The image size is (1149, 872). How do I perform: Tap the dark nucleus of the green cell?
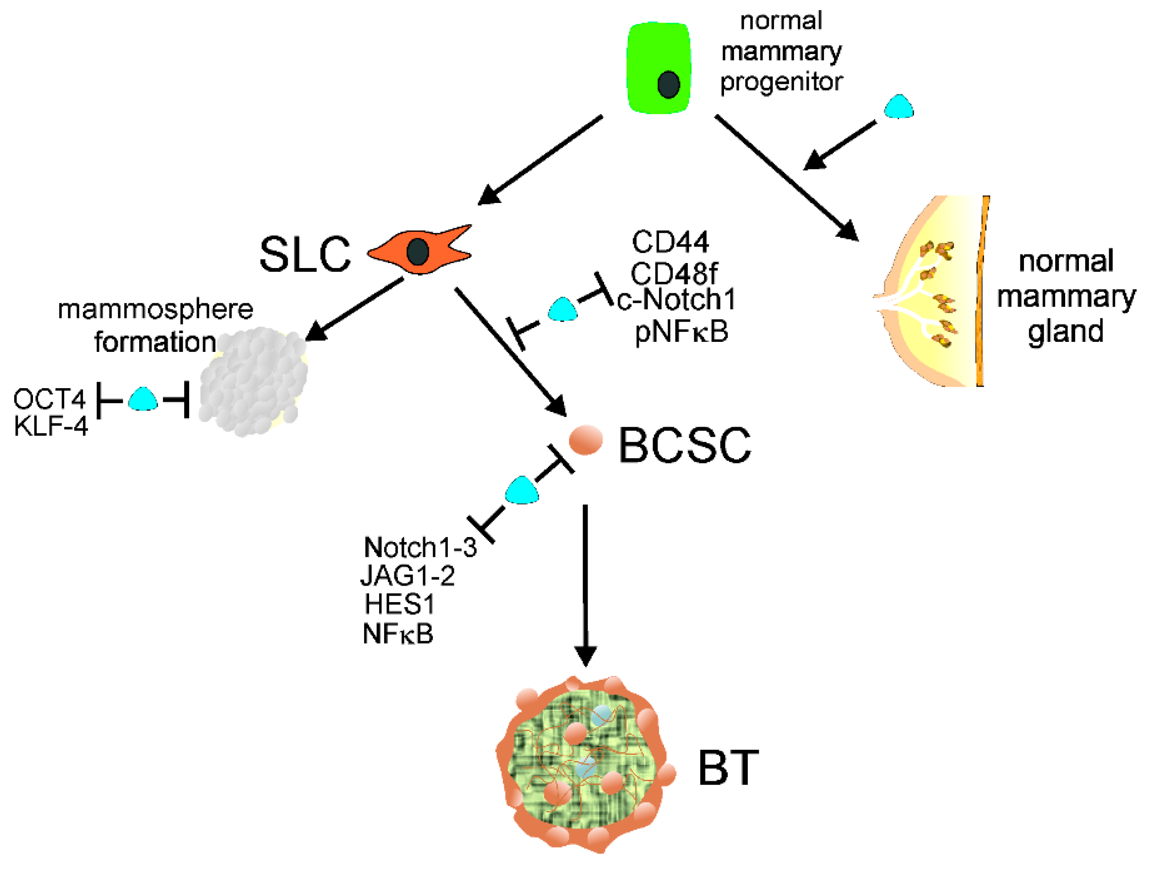(x=669, y=84)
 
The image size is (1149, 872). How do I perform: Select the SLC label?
(x=305, y=255)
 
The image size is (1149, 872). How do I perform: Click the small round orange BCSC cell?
(x=586, y=439)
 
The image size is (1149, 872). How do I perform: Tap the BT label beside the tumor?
(x=728, y=768)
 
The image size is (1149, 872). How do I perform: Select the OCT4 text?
(x=49, y=399)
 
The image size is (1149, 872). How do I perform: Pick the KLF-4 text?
(x=50, y=426)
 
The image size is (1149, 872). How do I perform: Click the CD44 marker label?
(x=670, y=241)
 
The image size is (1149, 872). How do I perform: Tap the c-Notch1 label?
(x=676, y=299)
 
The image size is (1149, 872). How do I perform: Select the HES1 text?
(x=399, y=604)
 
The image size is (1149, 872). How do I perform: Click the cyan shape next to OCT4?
(x=143, y=400)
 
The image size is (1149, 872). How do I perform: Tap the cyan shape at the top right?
(x=899, y=108)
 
